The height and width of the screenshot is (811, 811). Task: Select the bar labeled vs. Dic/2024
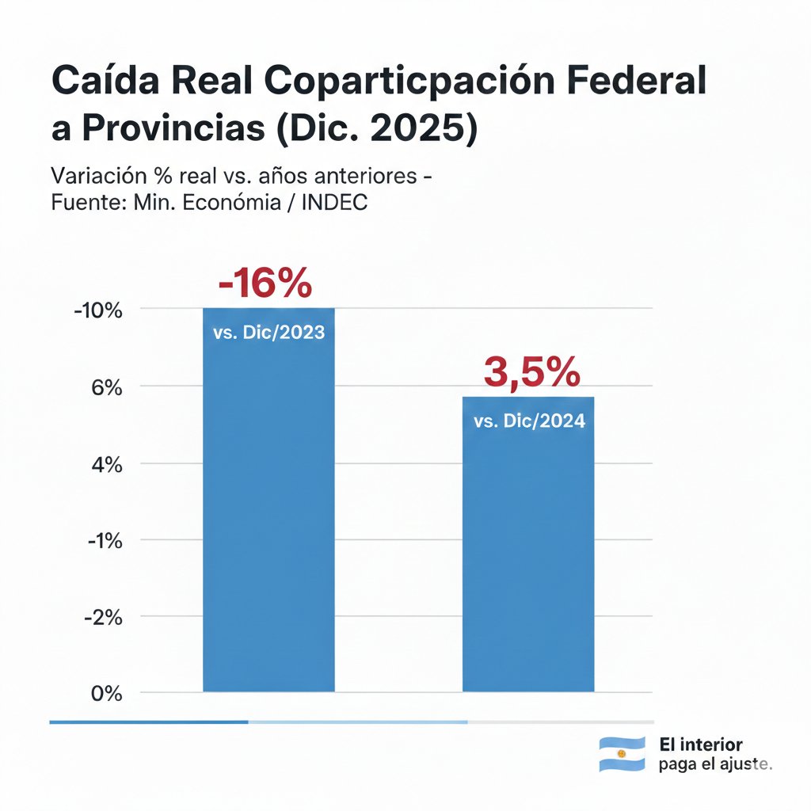coord(528,554)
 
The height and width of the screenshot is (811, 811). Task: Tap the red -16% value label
coord(265,284)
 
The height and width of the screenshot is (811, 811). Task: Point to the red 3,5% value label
coord(531,372)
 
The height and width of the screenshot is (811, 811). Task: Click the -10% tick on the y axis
coord(97,310)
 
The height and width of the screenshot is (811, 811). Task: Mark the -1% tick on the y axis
coord(101,541)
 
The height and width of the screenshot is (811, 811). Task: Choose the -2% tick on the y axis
coord(101,618)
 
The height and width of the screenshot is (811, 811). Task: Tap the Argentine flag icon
coord(621,754)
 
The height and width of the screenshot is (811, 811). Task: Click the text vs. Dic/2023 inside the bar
coord(269,333)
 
